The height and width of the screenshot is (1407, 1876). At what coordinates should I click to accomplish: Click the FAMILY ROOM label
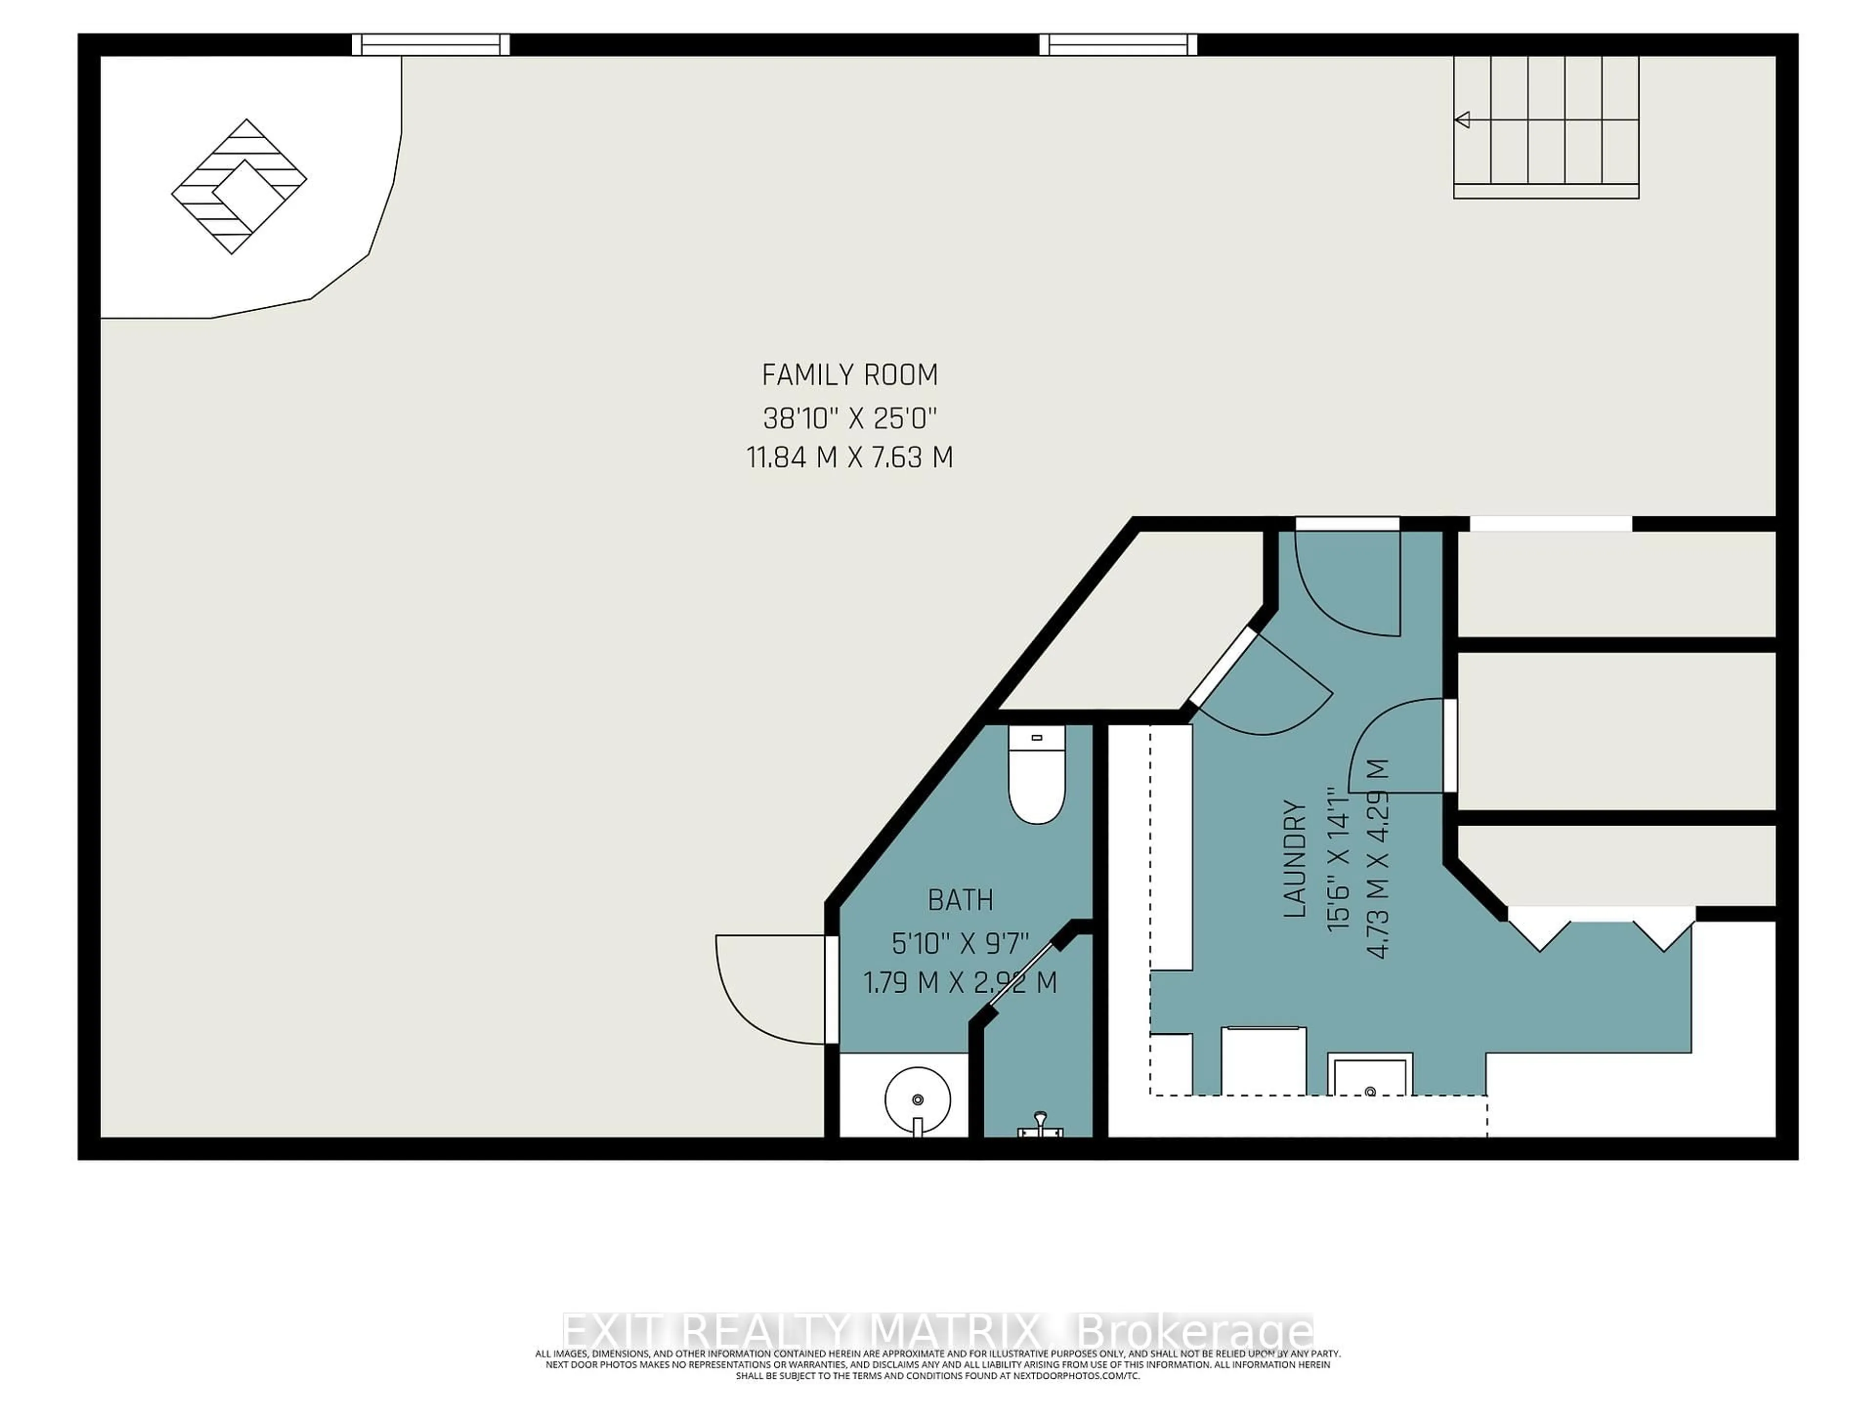tap(849, 375)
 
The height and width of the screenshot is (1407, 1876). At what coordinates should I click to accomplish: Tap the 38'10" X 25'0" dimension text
tap(849, 418)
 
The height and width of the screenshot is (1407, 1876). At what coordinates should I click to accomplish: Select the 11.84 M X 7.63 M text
tap(849, 458)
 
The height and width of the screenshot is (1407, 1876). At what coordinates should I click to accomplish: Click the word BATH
tap(960, 900)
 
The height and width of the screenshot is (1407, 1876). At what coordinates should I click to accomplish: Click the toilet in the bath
tap(1036, 776)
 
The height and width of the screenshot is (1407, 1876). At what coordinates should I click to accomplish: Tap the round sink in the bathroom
tap(917, 1099)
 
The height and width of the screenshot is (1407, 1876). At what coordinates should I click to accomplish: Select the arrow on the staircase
tap(1462, 120)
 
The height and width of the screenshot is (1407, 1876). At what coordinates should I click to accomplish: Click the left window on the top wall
tap(431, 44)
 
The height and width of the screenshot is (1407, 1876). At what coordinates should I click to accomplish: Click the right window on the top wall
tap(1118, 44)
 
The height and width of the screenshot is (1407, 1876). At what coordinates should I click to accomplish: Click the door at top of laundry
tap(1347, 583)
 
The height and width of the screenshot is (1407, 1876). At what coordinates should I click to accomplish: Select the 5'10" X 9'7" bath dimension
tap(960, 942)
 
